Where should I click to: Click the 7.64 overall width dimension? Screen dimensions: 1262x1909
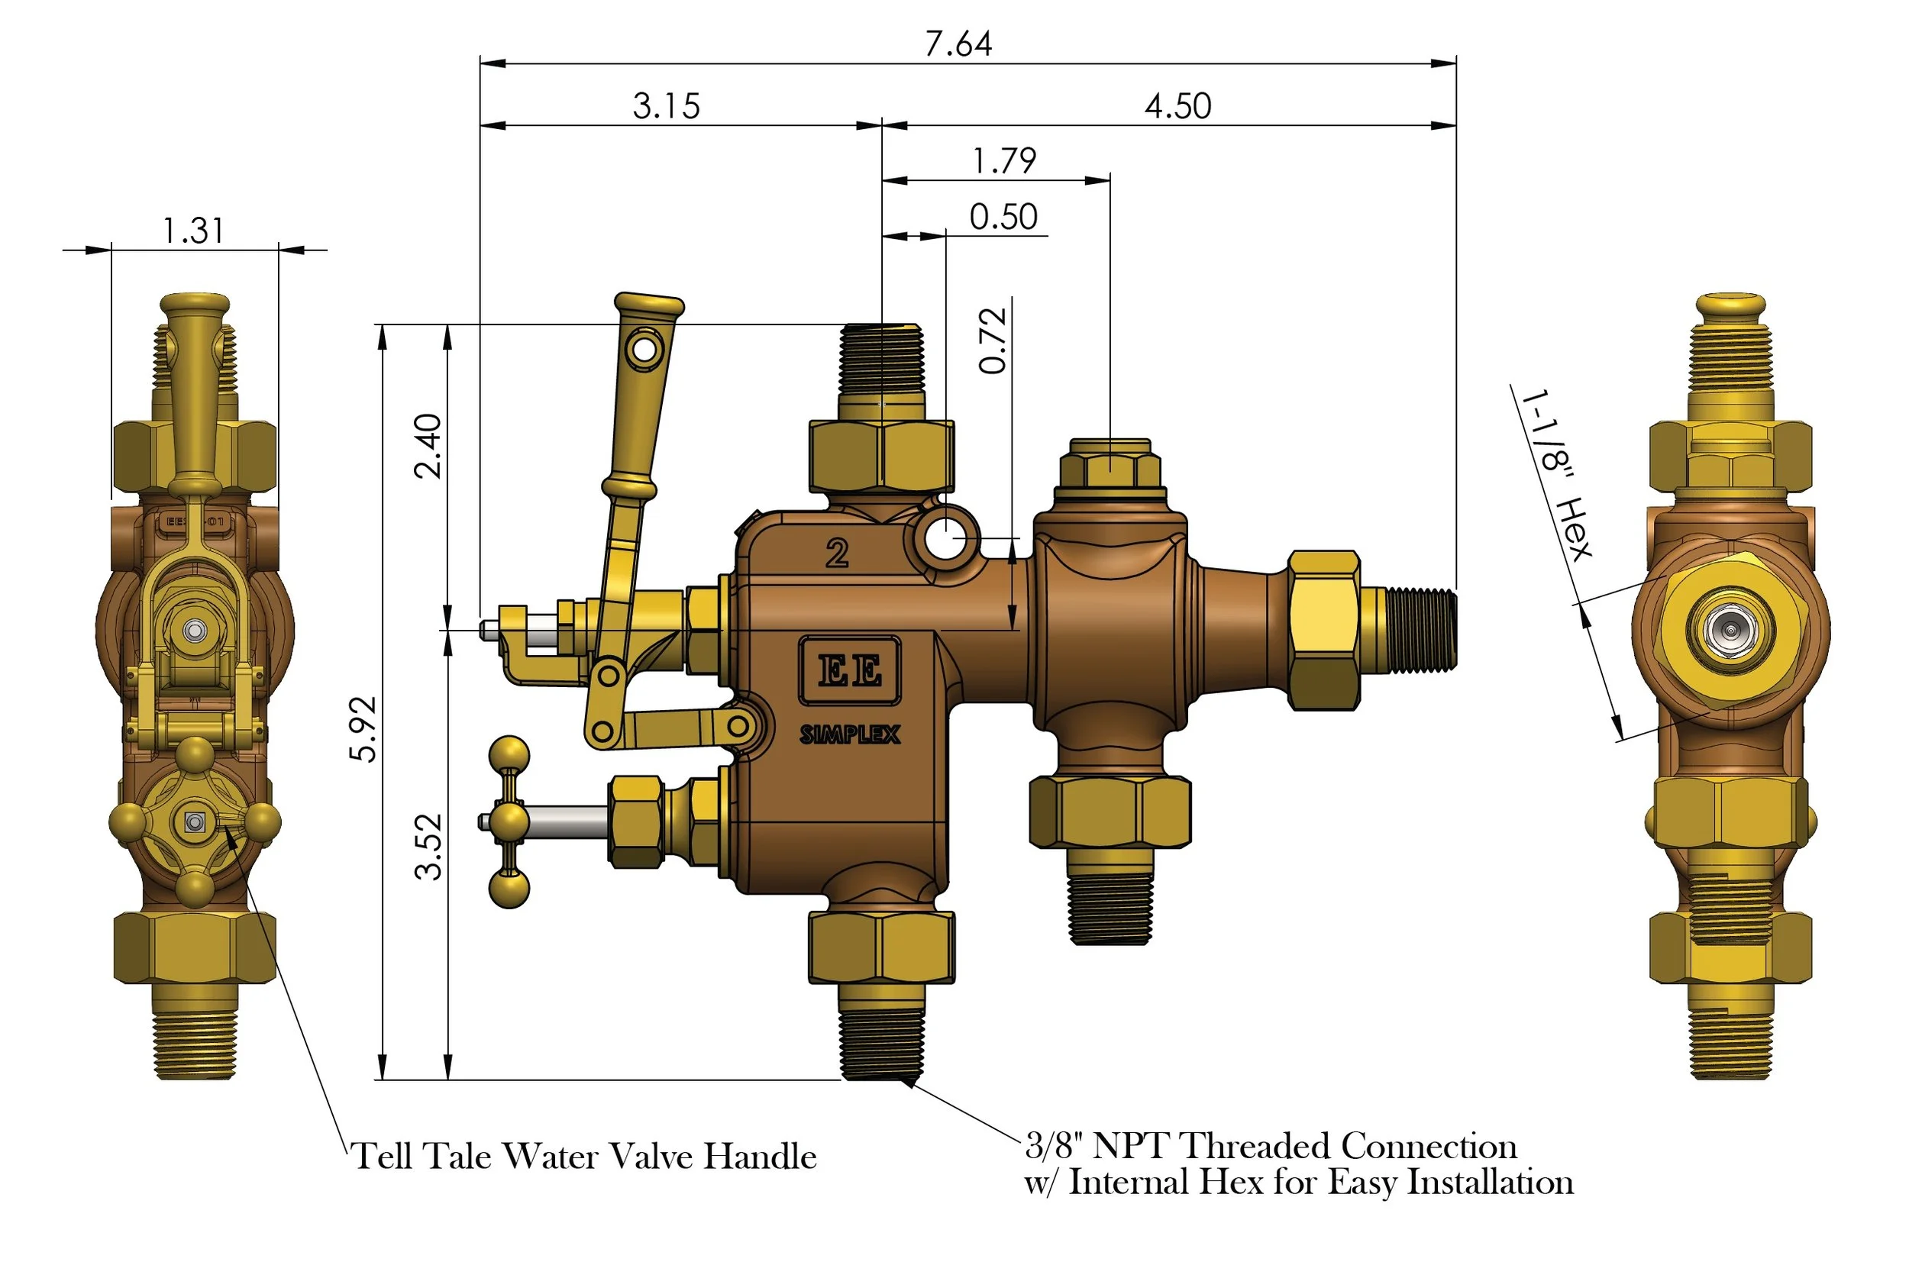(958, 44)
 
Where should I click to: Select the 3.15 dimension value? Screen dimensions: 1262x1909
(667, 106)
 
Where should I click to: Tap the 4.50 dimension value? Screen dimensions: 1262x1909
(1177, 106)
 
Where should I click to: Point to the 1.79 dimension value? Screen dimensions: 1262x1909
(1004, 161)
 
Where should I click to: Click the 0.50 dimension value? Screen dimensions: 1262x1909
(1003, 218)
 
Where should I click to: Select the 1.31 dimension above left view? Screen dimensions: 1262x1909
(193, 231)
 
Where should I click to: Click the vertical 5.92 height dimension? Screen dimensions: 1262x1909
(363, 728)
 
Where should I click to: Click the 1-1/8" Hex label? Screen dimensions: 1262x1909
(1555, 475)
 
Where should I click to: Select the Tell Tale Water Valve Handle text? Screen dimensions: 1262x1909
(584, 1157)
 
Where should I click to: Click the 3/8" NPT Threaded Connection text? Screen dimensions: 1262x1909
(1271, 1146)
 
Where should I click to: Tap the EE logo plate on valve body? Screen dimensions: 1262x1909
(849, 670)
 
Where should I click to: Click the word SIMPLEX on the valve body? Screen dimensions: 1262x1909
(850, 734)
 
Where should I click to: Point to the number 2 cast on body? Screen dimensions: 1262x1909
(837, 554)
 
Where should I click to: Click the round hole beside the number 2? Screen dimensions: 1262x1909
(945, 538)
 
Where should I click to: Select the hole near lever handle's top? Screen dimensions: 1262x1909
(644, 350)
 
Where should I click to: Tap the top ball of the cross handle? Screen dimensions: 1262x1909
(509, 755)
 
